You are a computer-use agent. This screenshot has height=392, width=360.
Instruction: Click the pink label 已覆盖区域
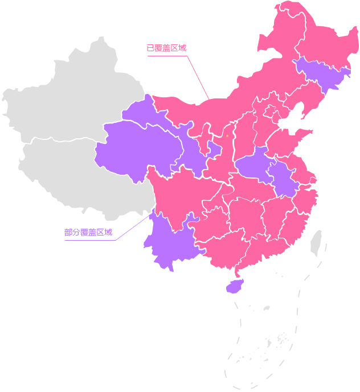tap(166, 48)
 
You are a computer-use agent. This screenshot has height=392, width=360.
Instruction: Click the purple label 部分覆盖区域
tap(88, 232)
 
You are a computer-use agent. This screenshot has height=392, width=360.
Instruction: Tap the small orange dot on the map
tap(227, 136)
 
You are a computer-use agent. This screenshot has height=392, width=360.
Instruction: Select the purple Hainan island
tap(234, 286)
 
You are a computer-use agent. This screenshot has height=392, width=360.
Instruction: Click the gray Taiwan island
tap(316, 243)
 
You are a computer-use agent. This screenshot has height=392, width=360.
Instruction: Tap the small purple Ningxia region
tap(214, 149)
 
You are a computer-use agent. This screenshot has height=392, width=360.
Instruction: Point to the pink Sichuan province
tap(182, 193)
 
